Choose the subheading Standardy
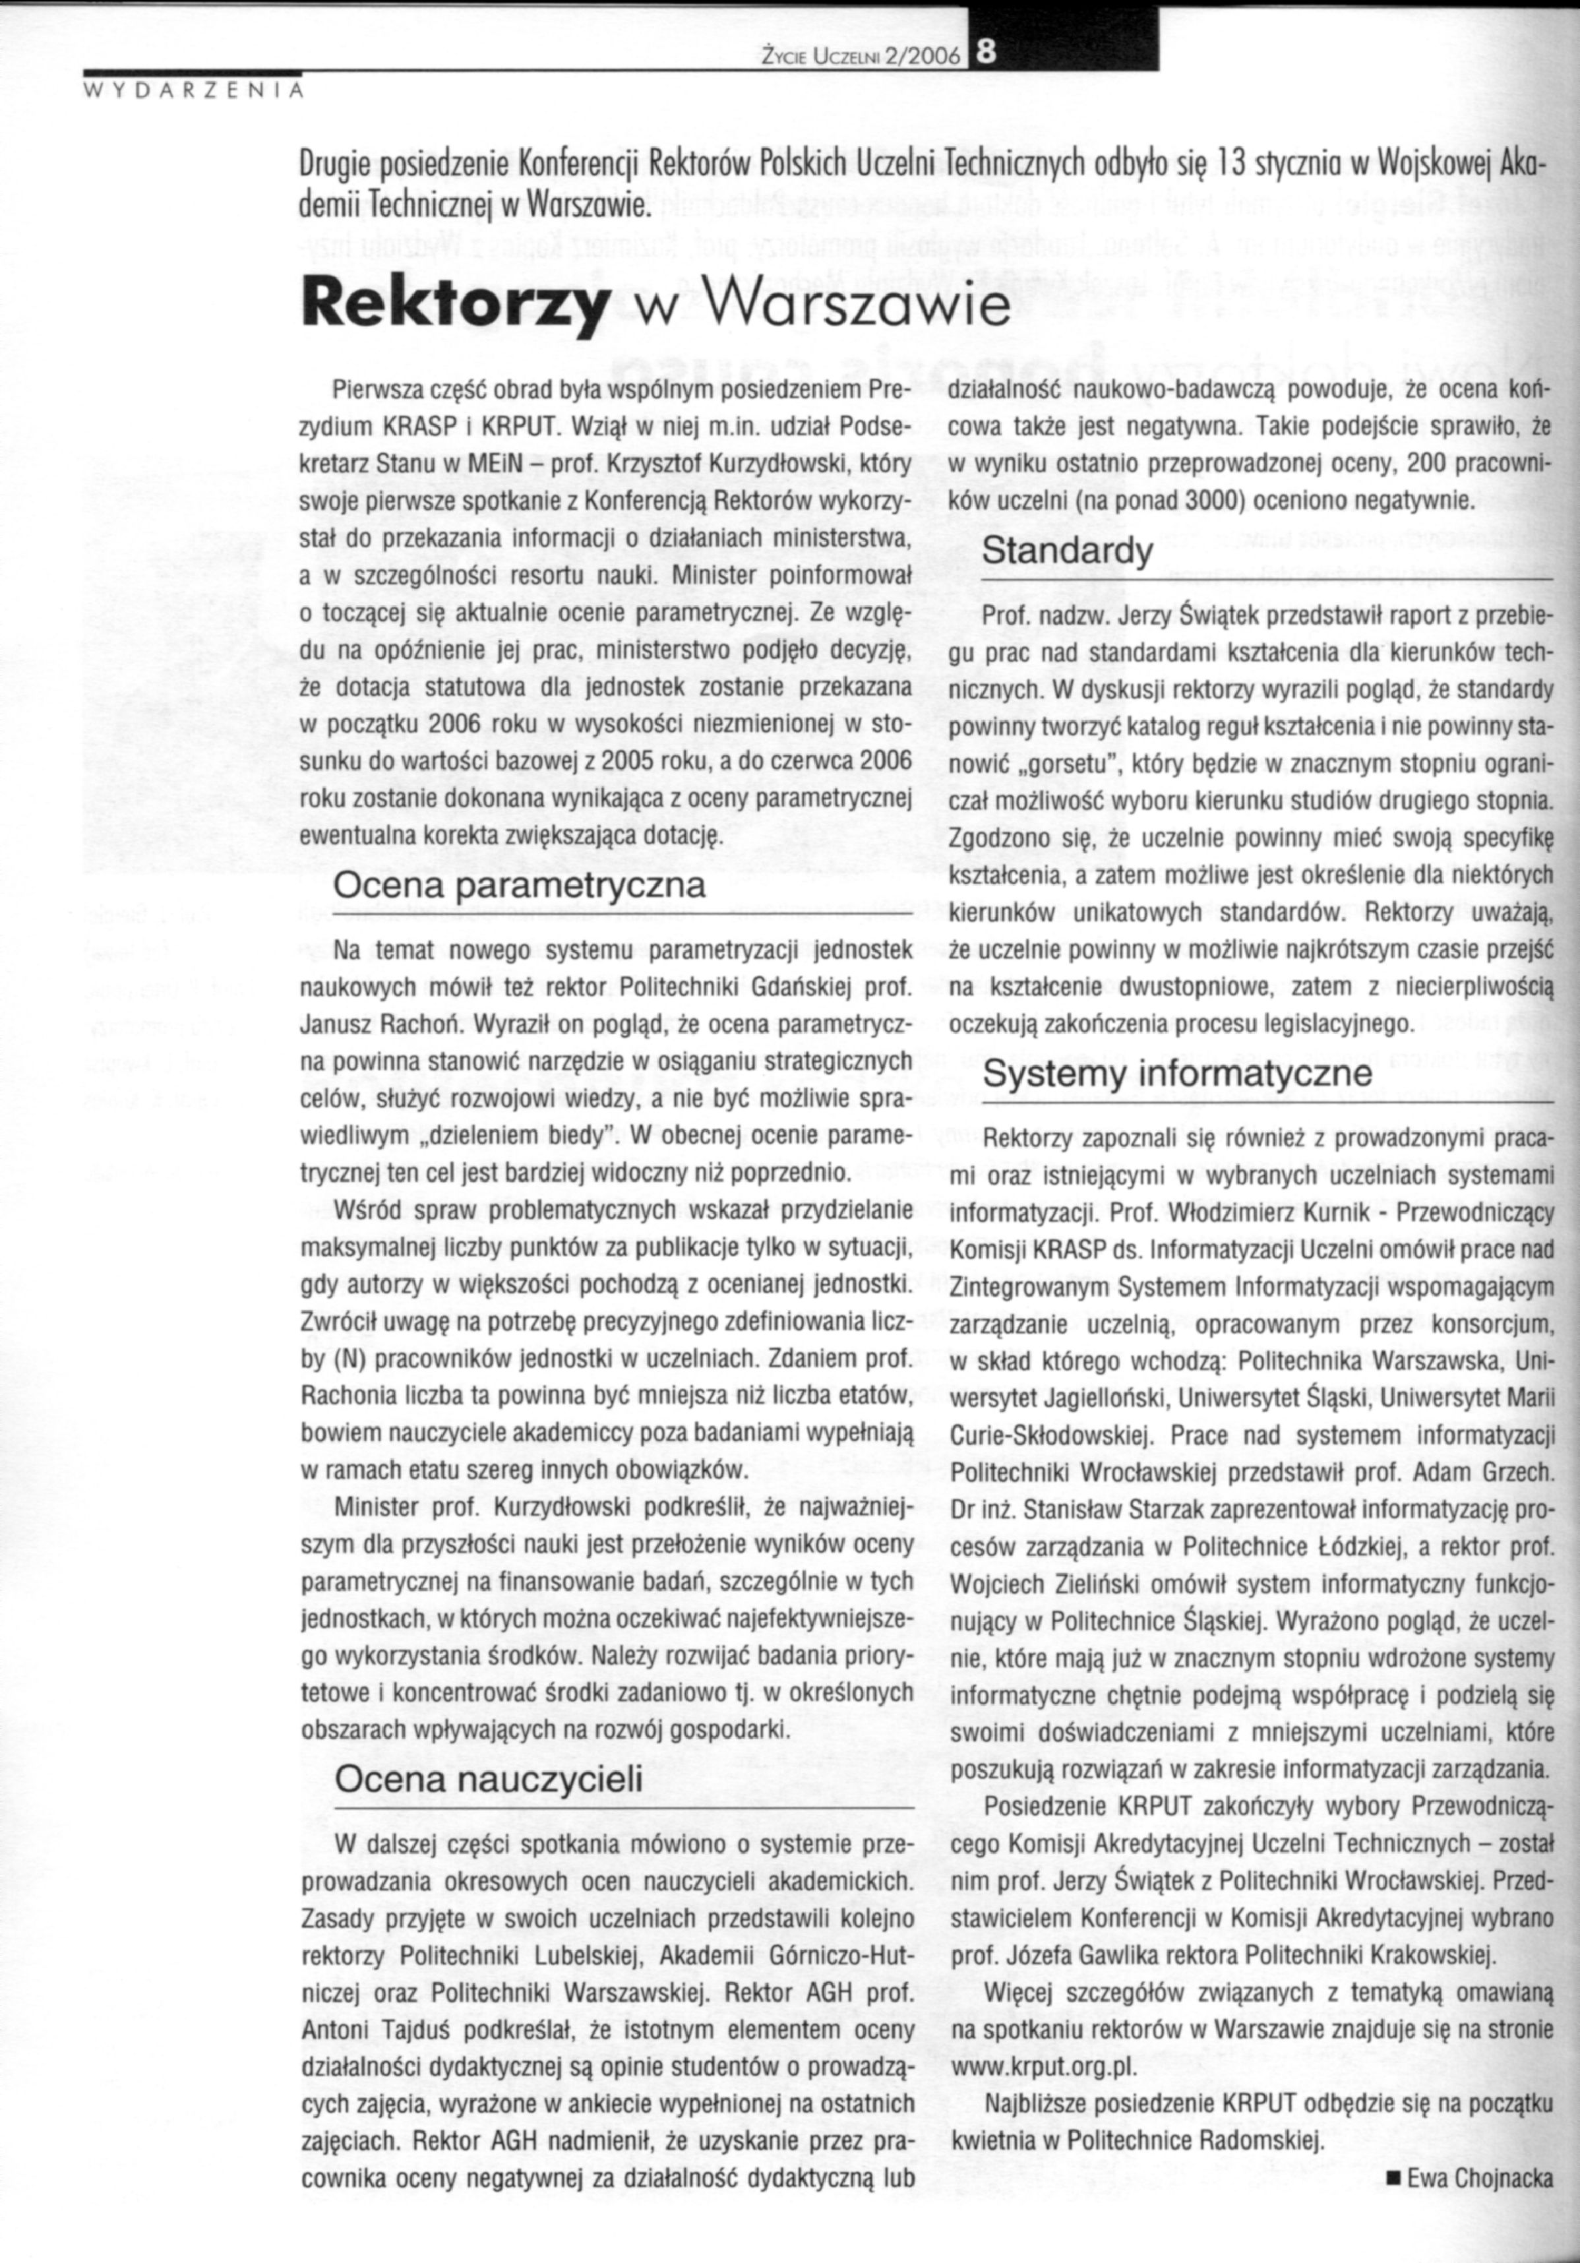(1068, 552)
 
